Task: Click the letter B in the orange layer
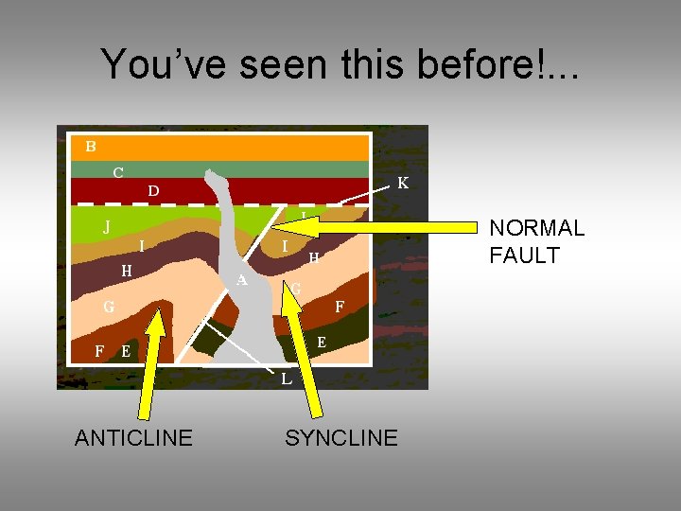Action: point(91,146)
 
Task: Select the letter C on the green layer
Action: point(117,172)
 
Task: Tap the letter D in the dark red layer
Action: point(153,191)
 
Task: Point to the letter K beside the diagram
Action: point(403,183)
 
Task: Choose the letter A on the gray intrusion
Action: point(242,280)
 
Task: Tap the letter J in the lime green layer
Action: point(107,227)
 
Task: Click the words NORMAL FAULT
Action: point(536,241)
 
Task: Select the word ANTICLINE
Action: point(133,437)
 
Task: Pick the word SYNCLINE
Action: point(341,437)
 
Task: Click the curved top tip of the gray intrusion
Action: point(217,177)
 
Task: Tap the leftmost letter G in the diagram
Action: point(109,307)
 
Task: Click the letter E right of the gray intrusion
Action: point(322,342)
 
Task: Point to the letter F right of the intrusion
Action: point(340,307)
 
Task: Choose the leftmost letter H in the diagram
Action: point(126,271)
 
